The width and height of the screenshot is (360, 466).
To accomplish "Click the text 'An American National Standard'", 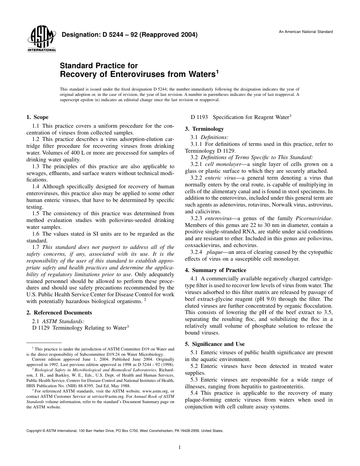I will [x=306, y=32].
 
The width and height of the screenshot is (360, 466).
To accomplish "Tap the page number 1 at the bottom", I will [x=180, y=447].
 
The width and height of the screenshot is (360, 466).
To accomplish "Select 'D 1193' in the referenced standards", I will [x=199, y=117].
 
